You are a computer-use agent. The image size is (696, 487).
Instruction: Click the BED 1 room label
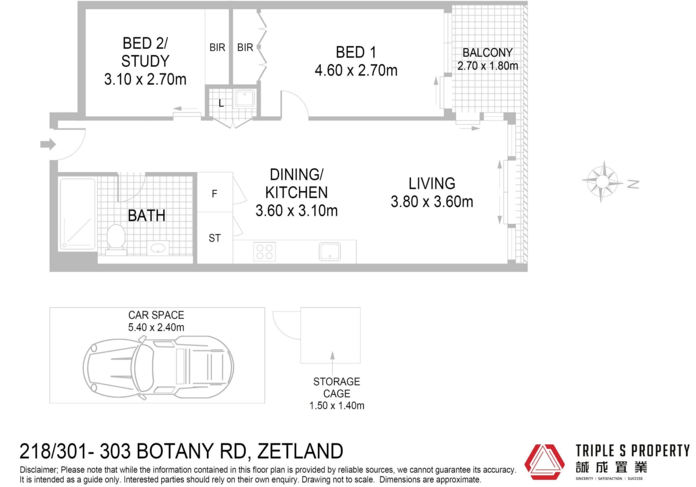pos(356,53)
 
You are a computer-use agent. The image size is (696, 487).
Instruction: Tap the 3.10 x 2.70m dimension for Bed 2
pos(145,79)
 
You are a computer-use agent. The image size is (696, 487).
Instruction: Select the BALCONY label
pos(488,53)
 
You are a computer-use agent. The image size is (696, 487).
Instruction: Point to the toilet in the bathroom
pos(116,238)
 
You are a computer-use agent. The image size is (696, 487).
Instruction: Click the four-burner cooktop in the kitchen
pos(265,252)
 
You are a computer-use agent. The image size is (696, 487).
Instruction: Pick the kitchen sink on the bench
pos(330,252)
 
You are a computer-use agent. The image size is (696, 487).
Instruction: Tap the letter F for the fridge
pos(215,194)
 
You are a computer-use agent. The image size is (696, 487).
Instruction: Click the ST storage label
pos(215,238)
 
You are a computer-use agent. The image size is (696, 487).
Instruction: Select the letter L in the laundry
pos(221,103)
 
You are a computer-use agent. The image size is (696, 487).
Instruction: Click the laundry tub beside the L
pos(245,98)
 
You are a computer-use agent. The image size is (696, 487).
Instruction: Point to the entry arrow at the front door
pos(48,144)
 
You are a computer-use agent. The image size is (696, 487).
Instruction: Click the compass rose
pos(602,181)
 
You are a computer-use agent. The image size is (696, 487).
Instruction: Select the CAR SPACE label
pos(156,315)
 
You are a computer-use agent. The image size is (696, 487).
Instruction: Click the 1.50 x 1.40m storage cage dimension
pos(337,406)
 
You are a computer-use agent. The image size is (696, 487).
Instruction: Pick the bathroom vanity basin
pos(158,248)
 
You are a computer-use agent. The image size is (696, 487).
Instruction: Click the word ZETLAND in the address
pos(300,451)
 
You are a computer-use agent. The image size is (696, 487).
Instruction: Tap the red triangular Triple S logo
pos(544,462)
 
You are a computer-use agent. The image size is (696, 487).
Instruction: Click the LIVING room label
pos(432,184)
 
